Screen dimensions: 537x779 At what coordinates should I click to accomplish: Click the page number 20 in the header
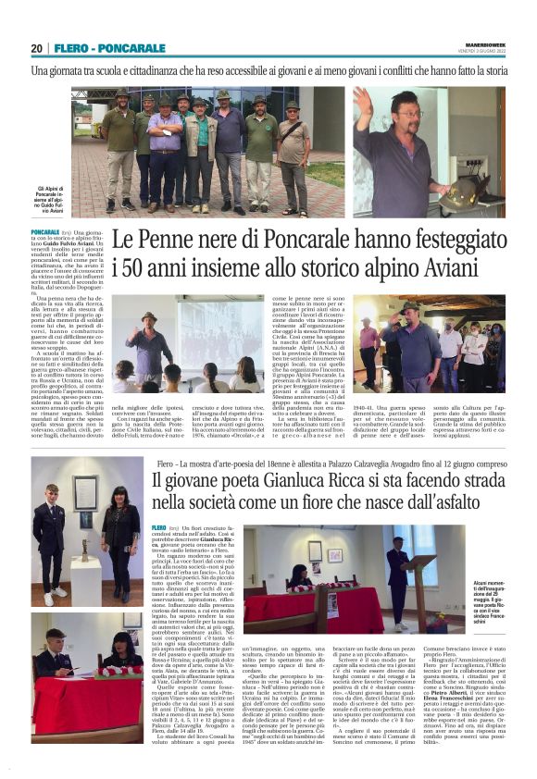pos(37,47)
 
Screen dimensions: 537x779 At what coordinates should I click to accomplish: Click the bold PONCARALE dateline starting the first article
pos(44,231)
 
